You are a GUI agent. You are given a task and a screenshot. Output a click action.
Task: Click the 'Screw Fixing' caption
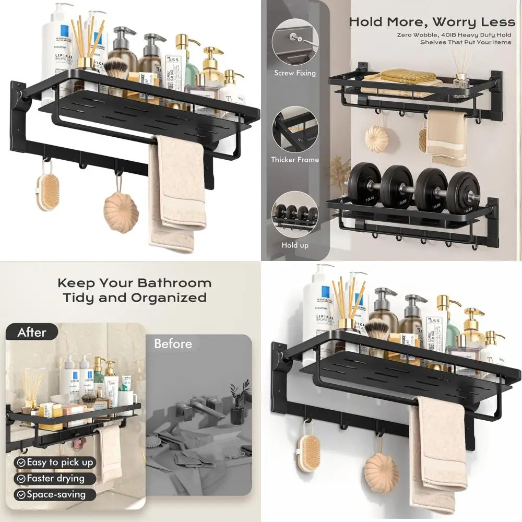pos(295,73)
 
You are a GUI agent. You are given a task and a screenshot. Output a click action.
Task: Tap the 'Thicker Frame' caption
pos(295,160)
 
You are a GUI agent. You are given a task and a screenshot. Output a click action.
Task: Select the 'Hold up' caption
pos(295,245)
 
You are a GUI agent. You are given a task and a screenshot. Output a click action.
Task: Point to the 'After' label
pos(32,332)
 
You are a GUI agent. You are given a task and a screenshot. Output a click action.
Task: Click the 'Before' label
pos(173,344)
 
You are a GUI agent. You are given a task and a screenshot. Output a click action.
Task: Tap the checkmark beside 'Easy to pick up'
pos(21,462)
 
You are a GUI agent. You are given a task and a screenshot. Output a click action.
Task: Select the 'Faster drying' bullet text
pos(55,478)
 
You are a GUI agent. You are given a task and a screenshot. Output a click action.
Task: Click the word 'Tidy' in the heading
pos(78,298)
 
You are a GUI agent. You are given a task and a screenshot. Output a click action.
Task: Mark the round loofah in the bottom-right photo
pos(382,472)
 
